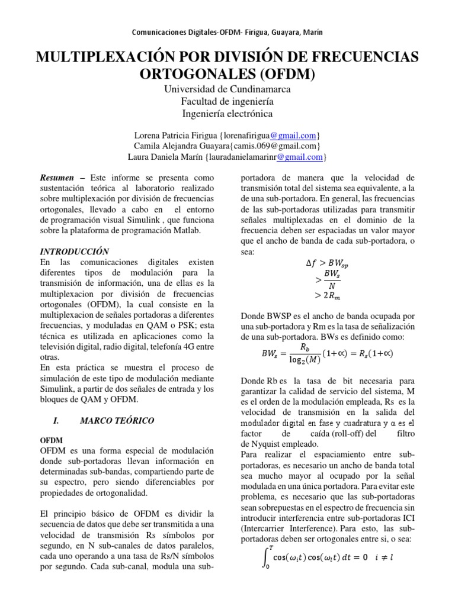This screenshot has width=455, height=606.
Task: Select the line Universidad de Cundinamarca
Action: pos(227,89)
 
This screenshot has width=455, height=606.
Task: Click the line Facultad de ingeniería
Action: pos(227,101)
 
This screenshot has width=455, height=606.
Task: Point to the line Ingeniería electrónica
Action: pos(227,114)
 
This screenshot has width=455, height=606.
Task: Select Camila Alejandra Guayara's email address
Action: pos(276,146)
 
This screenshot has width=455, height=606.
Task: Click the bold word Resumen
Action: pos(57,178)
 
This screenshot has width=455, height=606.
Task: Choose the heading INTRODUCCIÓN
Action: pos(74,251)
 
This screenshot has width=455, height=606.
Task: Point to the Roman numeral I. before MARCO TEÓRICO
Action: pos(57,421)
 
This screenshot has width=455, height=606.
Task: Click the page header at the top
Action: pos(227,33)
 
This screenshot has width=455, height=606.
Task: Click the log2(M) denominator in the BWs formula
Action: pos(304,360)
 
